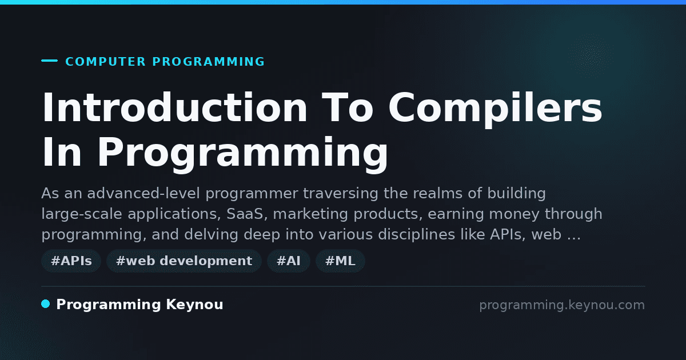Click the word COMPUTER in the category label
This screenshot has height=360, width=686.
105,62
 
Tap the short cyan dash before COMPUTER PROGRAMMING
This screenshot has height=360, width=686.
49,61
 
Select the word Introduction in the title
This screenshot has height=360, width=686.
174,107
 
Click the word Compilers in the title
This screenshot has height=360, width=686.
495,109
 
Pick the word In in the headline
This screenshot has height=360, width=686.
62,152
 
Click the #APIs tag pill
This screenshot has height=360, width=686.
71,261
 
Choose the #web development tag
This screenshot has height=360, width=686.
184,261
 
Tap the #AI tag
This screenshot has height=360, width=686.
289,261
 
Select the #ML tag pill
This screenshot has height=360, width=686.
340,261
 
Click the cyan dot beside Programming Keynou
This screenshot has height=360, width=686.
46,304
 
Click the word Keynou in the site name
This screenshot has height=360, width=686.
194,305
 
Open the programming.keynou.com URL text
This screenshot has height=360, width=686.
562,305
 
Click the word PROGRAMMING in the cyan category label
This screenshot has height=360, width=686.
208,62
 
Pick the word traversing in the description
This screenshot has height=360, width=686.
341,194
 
